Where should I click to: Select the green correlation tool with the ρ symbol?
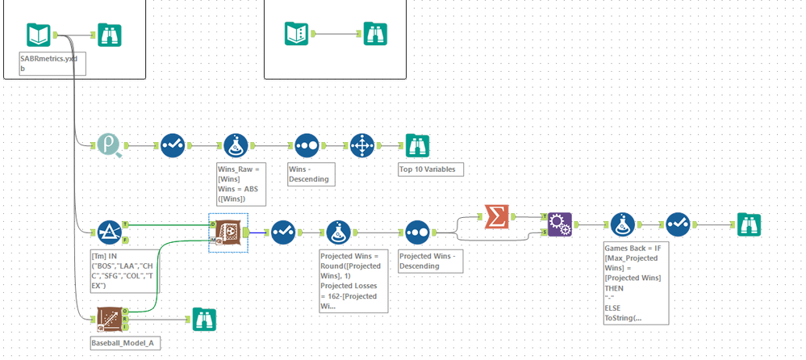point(110,145)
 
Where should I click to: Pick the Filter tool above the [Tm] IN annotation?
point(110,232)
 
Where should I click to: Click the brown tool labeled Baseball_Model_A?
point(110,320)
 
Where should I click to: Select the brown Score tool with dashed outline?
point(228,232)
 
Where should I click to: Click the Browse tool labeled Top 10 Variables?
point(417,145)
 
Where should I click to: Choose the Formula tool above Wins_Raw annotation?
point(236,145)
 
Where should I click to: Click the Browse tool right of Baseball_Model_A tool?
point(202,320)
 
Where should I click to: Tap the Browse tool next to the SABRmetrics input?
point(110,35)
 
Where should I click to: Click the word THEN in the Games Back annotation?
point(617,287)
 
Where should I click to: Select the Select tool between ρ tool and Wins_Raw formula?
point(173,145)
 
